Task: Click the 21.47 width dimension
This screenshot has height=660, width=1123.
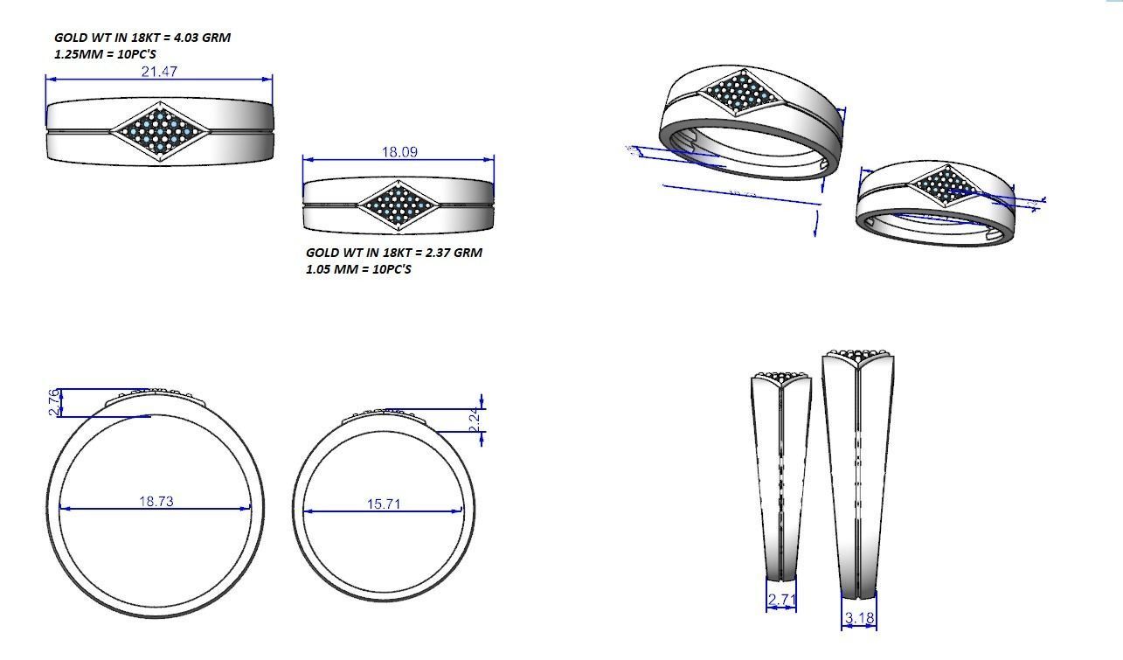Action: (x=159, y=72)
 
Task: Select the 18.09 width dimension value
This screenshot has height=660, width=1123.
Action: (x=399, y=152)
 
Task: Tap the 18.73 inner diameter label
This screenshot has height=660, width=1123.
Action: (x=156, y=502)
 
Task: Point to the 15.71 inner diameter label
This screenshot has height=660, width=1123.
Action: (x=384, y=504)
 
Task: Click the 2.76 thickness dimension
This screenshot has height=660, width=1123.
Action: (x=54, y=402)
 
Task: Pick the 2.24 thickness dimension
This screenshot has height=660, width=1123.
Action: (x=475, y=419)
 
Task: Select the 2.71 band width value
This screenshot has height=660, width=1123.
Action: (x=780, y=601)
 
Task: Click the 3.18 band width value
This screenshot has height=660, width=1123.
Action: (x=858, y=618)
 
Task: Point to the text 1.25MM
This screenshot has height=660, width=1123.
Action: (x=74, y=54)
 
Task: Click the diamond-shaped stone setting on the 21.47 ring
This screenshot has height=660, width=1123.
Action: (x=160, y=132)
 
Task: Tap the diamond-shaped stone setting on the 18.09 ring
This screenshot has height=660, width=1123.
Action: (x=399, y=205)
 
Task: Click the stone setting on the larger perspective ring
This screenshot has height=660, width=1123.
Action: (x=739, y=92)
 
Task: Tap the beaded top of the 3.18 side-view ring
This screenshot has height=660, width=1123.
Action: (x=859, y=355)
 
